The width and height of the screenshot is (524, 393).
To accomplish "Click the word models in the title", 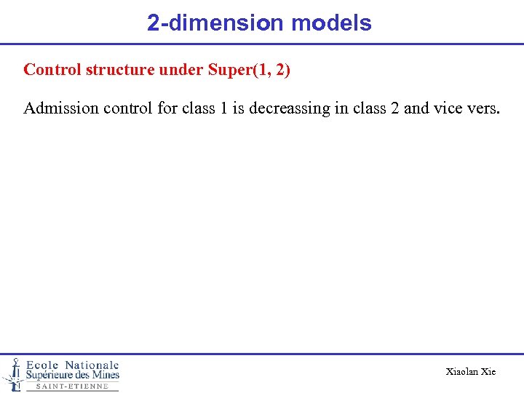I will coord(331,23).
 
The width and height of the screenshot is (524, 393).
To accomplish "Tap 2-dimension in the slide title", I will coord(215,23).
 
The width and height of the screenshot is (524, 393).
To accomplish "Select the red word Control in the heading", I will coord(52,70).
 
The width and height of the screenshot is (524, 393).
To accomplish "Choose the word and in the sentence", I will coord(416,109).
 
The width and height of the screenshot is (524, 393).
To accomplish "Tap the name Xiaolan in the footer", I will coord(461,372).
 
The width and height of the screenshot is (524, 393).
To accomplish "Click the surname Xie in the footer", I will coord(488,372).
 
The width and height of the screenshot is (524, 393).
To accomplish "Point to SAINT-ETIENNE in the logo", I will coord(72,386).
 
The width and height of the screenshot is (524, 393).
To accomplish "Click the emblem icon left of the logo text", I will coord(13,373).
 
